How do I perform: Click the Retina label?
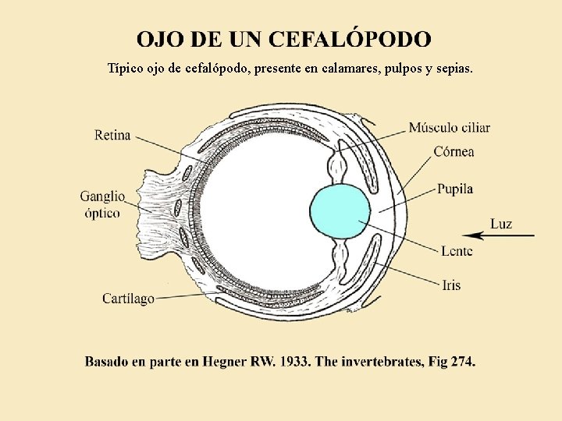point(112,136)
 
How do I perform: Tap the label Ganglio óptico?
point(102,204)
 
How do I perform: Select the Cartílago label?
point(128,298)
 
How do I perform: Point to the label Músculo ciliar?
point(450,128)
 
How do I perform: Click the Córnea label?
point(454,152)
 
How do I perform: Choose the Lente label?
point(457,251)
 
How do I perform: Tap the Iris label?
point(451,285)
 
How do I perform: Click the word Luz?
point(501,225)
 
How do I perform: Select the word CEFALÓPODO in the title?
point(349,39)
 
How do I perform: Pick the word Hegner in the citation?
point(225,362)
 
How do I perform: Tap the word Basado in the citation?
point(108,362)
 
